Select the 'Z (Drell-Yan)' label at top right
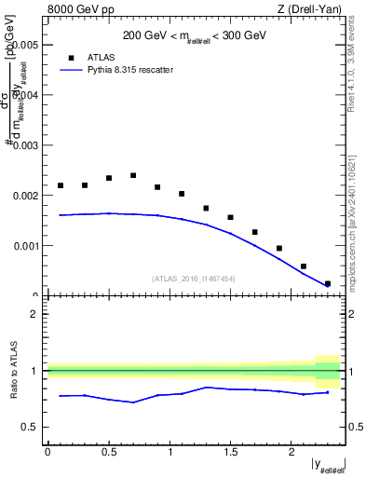click(x=308, y=10)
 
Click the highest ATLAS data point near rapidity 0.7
click(x=133, y=175)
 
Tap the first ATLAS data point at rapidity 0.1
click(x=61, y=185)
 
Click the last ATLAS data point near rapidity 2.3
click(x=327, y=283)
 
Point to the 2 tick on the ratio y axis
click(x=34, y=314)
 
